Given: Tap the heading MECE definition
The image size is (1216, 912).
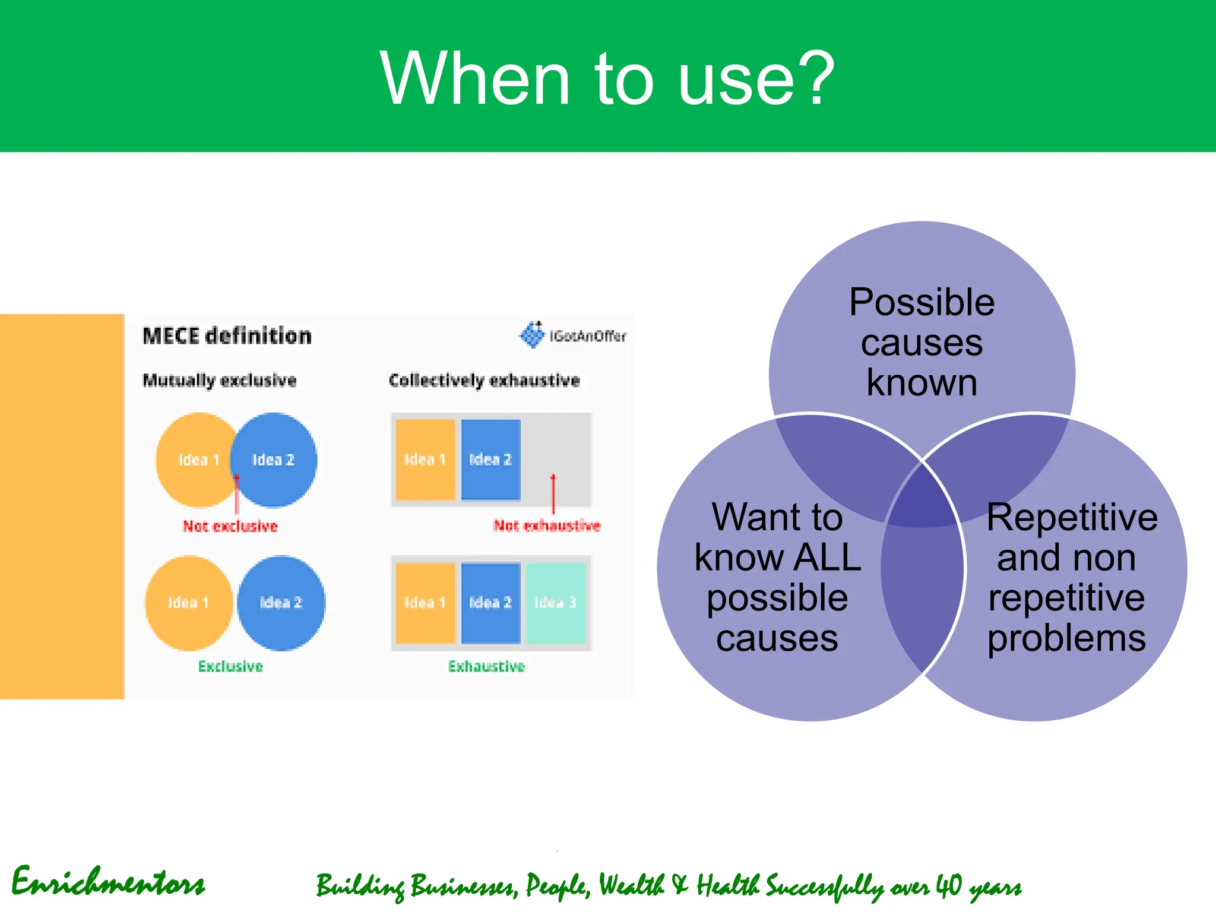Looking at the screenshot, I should pyautogui.click(x=227, y=336).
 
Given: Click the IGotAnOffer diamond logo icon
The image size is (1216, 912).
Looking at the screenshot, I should pyautogui.click(x=533, y=335).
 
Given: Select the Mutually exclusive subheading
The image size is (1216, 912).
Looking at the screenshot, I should pyautogui.click(x=220, y=380).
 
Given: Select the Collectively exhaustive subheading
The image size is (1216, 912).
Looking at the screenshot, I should pyautogui.click(x=484, y=380).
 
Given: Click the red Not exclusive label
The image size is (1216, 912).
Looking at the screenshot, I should pyautogui.click(x=230, y=526).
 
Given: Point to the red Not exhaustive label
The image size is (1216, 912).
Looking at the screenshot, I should pyautogui.click(x=547, y=525).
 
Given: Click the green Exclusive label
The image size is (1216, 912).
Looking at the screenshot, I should pyautogui.click(x=230, y=666).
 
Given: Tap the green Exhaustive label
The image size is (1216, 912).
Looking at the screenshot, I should pyautogui.click(x=486, y=666).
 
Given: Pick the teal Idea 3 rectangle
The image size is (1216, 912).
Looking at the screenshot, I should pyautogui.click(x=556, y=603).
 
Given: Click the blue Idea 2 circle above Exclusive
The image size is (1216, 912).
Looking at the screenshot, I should pyautogui.click(x=281, y=603).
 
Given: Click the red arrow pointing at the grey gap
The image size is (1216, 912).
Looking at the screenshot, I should pyautogui.click(x=553, y=493).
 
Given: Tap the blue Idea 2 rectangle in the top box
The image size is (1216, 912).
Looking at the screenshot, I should pyautogui.click(x=490, y=460).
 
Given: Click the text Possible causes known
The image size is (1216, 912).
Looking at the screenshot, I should pyautogui.click(x=921, y=342).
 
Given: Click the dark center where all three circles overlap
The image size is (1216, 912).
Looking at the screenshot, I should pyautogui.click(x=922, y=499).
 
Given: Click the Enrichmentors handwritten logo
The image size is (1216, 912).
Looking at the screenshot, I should pyautogui.click(x=108, y=882).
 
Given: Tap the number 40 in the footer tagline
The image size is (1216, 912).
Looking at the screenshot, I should pyautogui.click(x=948, y=886).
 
